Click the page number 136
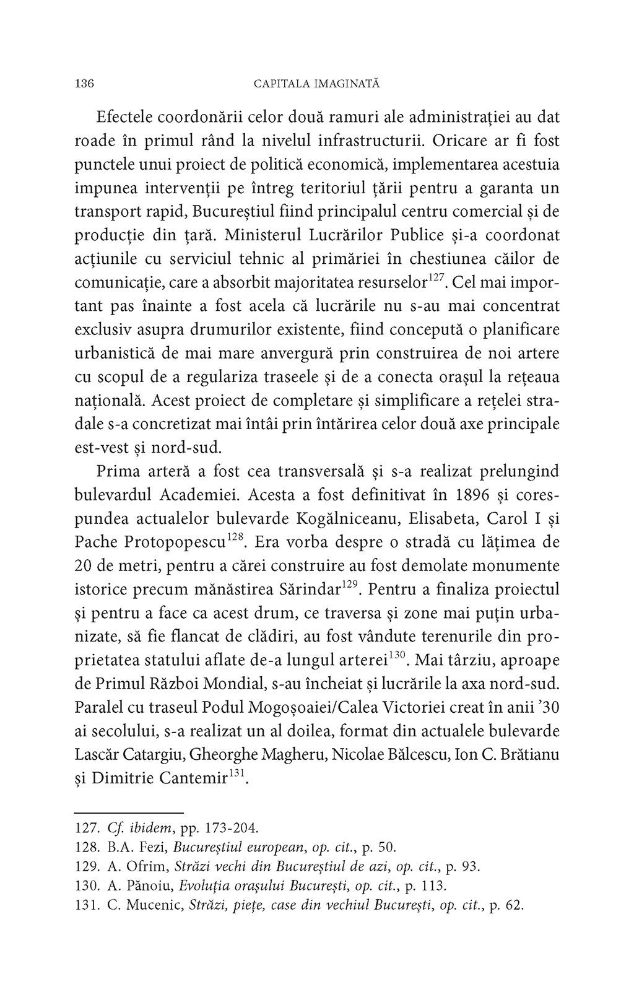point(84,84)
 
